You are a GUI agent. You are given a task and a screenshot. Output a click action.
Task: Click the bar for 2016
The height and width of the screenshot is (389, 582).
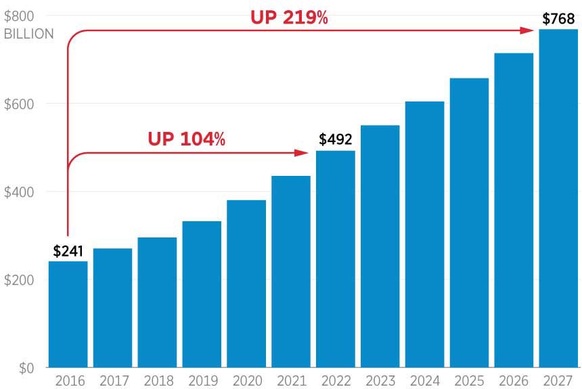tap(68, 315)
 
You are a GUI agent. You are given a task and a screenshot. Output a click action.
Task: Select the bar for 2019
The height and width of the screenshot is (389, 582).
tap(202, 294)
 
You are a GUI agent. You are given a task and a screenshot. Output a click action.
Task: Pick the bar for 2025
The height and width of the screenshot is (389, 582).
tap(469, 223)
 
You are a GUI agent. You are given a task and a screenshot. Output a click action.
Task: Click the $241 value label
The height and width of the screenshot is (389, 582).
tap(68, 252)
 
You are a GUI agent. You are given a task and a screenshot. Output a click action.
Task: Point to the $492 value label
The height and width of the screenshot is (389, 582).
tap(336, 140)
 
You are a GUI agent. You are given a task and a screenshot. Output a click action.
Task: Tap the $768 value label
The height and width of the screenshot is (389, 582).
tap(558, 19)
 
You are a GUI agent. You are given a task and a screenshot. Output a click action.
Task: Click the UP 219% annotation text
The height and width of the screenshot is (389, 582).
tap(289, 18)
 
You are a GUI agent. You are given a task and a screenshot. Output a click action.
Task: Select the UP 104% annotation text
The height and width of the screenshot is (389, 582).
tap(186, 139)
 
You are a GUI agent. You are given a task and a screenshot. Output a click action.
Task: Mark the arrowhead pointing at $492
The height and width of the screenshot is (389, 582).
tap(303, 153)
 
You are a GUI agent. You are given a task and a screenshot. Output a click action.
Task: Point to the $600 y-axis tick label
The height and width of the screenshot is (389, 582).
tap(19, 104)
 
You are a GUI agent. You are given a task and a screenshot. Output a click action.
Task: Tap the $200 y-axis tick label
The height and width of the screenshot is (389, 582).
tap(19, 280)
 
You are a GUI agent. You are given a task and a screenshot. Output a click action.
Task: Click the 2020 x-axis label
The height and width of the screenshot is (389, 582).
tap(246, 381)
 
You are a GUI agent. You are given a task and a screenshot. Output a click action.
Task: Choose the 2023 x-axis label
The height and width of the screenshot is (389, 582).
tap(380, 381)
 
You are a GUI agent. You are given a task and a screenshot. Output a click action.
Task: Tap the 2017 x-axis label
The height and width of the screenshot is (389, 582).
tap(113, 381)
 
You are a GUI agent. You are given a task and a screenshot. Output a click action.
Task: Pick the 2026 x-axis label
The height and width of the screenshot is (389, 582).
tap(514, 381)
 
